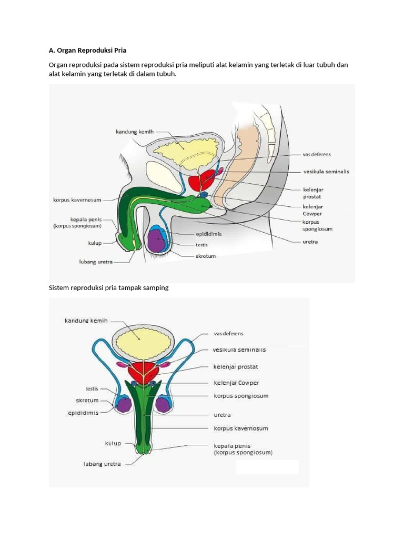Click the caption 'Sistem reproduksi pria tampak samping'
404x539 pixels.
pyautogui.click(x=108, y=288)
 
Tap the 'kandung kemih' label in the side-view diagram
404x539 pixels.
pyautogui.click(x=135, y=132)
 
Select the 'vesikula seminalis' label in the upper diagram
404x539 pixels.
pyautogui.click(x=326, y=172)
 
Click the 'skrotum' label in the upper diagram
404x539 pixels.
pyautogui.click(x=205, y=256)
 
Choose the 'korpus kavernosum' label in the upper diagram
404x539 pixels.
pyautogui.click(x=77, y=200)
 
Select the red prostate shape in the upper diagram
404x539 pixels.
pyautogui.click(x=200, y=182)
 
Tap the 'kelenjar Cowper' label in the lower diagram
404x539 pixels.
pyautogui.click(x=236, y=383)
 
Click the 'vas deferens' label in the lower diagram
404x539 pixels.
pyautogui.click(x=228, y=333)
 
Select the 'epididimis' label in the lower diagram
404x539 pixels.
pyautogui.click(x=83, y=413)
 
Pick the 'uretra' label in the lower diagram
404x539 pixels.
pyautogui.click(x=222, y=415)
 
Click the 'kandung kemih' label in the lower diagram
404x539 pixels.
pyautogui.click(x=86, y=320)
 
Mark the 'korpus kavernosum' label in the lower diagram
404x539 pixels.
pyautogui.click(x=240, y=428)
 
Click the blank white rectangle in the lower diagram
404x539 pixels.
pyautogui.click(x=267, y=467)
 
